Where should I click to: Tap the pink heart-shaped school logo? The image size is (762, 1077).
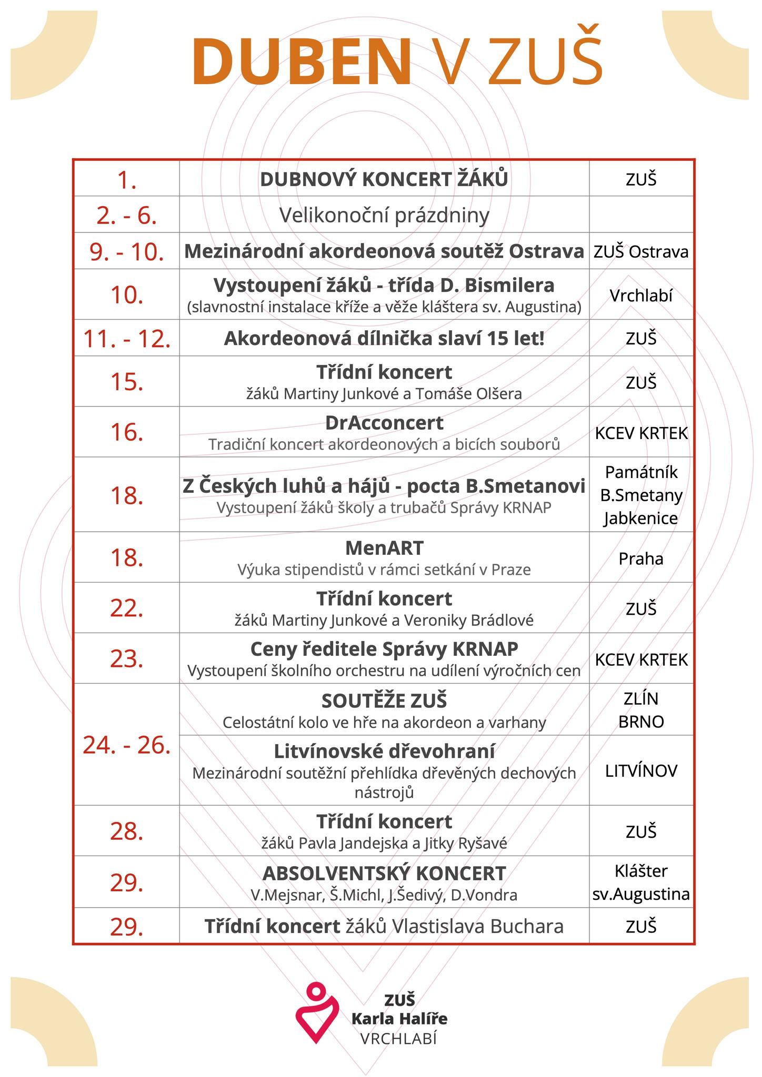pos(316,1013)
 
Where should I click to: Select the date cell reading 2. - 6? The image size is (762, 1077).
pos(126,216)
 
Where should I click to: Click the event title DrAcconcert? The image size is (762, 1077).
pos(384,423)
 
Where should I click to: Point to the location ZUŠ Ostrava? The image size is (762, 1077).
pos(641,252)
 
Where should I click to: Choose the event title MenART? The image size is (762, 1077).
pos(384,548)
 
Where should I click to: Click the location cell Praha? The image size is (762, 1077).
pos(641,558)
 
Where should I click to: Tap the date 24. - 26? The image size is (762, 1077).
pos(126,745)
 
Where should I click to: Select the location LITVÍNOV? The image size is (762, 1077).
pos(641,771)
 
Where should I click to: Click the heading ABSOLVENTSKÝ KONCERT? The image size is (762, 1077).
pos(384,873)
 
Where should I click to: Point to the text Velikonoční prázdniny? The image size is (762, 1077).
pos(384,215)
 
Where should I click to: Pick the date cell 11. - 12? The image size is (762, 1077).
pos(126,339)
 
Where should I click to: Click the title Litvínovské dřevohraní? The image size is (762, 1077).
pos(384,751)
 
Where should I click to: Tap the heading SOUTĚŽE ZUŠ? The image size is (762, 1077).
pos(384,701)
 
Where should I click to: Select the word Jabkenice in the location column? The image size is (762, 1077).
pos(641,519)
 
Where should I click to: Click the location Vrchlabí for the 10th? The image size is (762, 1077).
pos(641,296)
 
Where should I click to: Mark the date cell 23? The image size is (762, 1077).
pos(126,658)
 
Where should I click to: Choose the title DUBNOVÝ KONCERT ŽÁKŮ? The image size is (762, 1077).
pos(384,179)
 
